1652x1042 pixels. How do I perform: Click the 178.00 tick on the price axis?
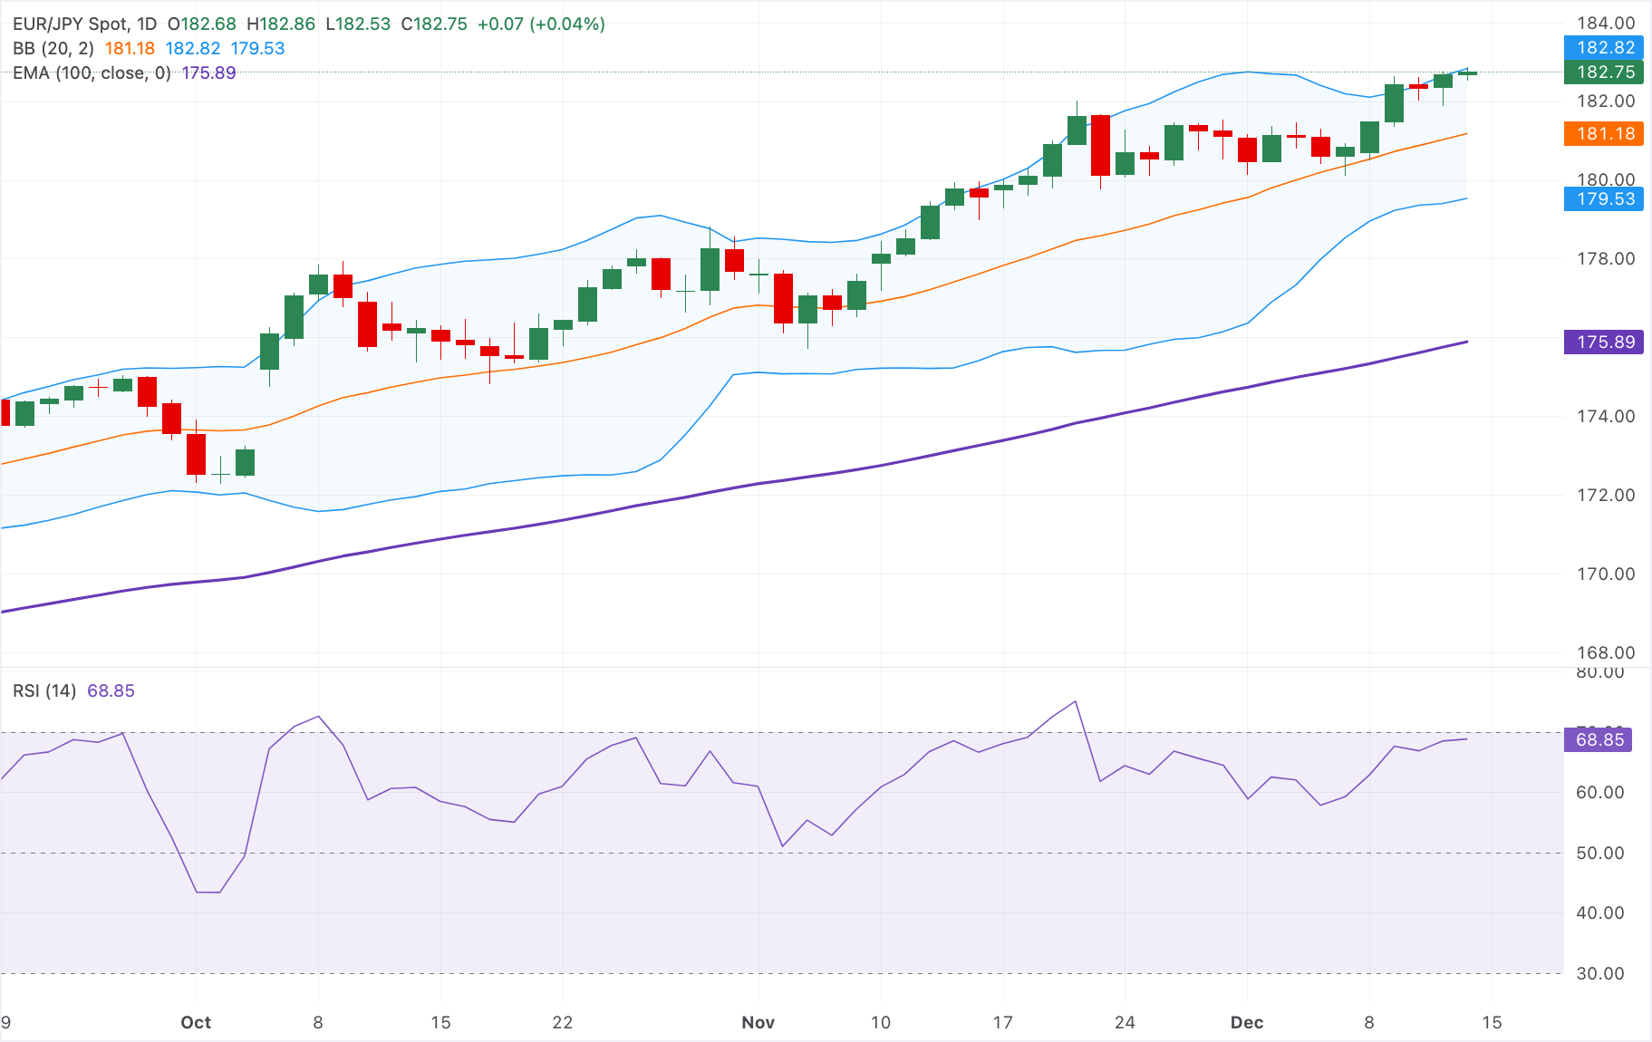[1605, 259]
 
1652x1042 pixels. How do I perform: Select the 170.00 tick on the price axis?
[1605, 574]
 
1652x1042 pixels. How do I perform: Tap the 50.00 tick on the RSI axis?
[1599, 854]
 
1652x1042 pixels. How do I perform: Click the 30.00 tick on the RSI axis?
[1599, 974]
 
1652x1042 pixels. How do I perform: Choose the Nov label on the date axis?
[758, 1023]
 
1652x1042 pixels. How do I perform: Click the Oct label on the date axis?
[196, 1023]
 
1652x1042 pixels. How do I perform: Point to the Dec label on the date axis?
[1246, 1023]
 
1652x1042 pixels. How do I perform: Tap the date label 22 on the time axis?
[563, 1023]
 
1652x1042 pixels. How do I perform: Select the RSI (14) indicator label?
[44, 691]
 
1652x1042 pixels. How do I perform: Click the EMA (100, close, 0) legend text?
[92, 73]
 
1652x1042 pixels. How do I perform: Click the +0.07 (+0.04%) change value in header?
[541, 24]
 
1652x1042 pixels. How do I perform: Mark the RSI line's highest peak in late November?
[1076, 701]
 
